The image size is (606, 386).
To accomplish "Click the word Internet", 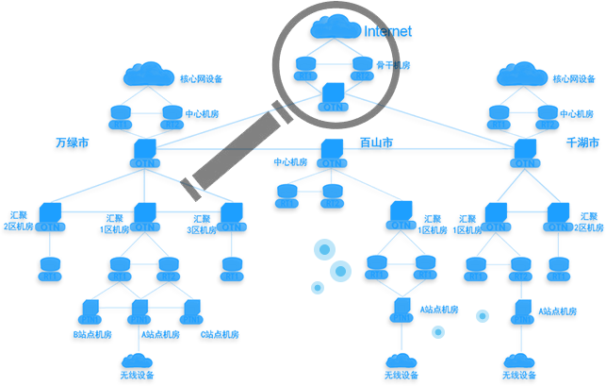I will [x=388, y=31].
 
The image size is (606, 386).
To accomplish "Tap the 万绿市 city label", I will [x=72, y=143].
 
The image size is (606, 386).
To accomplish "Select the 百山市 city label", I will [x=375, y=143].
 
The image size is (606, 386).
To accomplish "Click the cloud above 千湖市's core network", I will [x=521, y=74].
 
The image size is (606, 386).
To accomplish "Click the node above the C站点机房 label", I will [x=191, y=310].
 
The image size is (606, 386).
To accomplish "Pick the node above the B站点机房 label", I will [x=90, y=310].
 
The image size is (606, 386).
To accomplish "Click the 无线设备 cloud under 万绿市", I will [x=139, y=361].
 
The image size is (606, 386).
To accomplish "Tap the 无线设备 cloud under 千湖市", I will [x=520, y=361].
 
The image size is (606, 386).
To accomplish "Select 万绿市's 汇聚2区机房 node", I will [x=50, y=215].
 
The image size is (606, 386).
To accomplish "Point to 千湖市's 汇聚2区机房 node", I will [x=558, y=215].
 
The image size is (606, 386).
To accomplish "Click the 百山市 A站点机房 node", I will [x=400, y=310].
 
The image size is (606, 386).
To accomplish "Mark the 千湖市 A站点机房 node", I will [x=520, y=310].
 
